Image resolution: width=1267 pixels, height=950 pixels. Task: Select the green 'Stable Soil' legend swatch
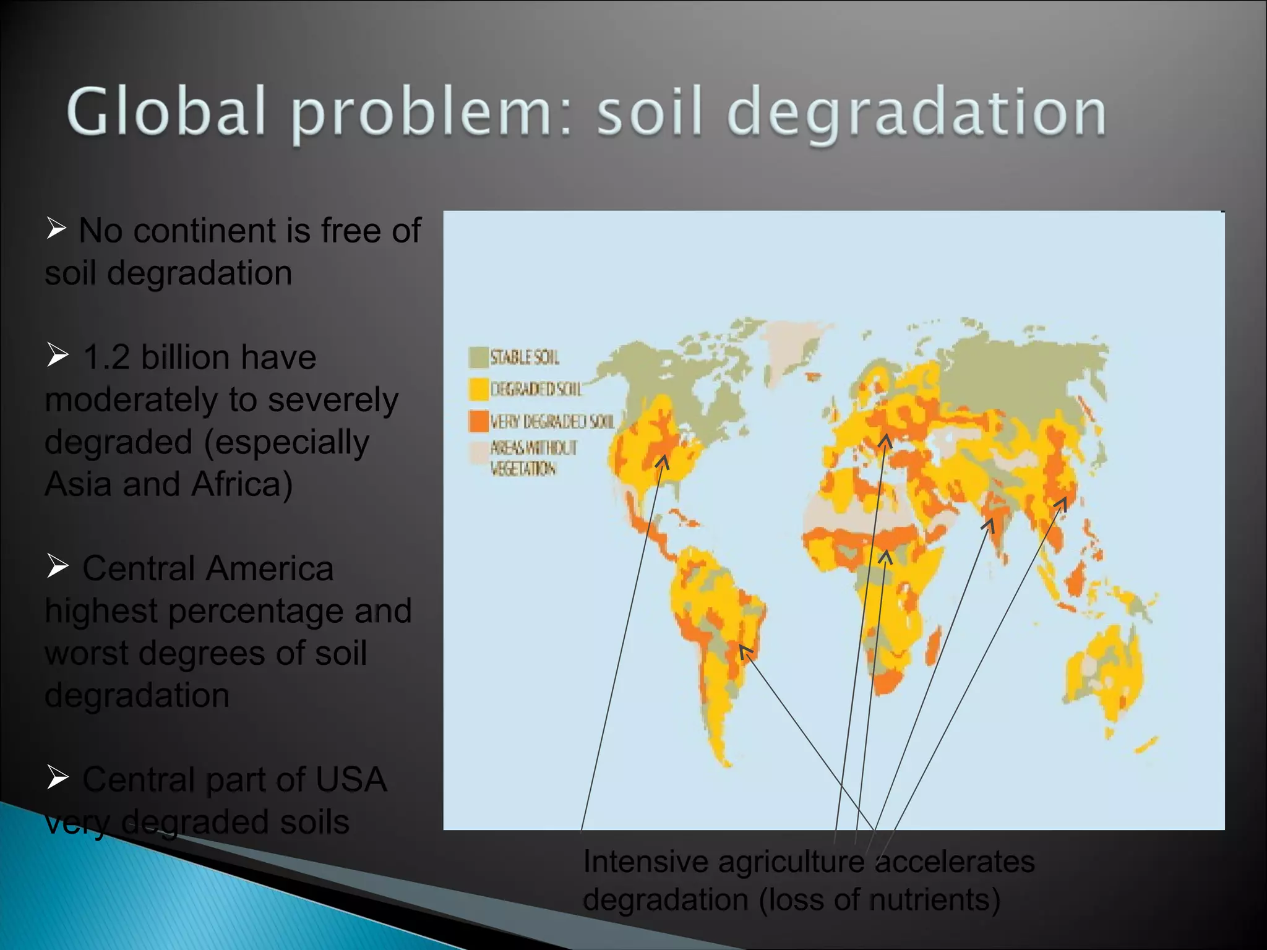pos(478,357)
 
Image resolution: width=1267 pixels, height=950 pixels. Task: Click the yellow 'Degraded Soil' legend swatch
pos(478,389)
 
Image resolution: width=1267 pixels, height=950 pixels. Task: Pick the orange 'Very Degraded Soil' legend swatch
pos(478,421)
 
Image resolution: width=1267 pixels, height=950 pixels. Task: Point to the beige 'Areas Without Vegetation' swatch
pos(478,452)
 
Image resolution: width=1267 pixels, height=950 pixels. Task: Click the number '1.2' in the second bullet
pos(106,357)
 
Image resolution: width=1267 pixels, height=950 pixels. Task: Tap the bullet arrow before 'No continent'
pos(56,228)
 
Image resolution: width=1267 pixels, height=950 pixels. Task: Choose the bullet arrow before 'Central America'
pos(58,565)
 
